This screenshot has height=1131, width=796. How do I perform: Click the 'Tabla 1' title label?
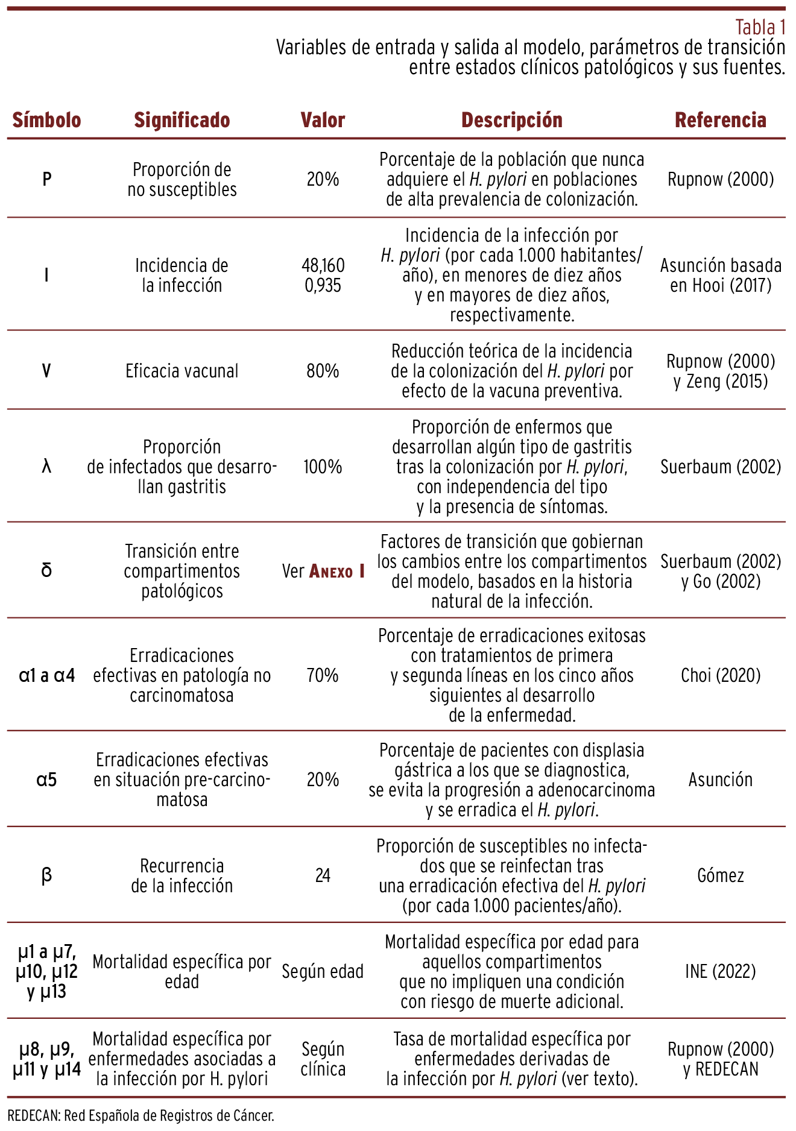[760, 28]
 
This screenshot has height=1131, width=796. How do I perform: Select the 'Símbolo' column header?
[46, 120]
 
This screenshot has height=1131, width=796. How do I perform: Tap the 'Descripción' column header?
[511, 120]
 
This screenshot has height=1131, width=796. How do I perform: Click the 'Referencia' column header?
[720, 120]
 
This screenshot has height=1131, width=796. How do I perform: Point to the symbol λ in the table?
[46, 467]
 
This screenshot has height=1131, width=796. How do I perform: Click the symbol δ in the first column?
[46, 570]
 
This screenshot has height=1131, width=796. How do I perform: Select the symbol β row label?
[46, 875]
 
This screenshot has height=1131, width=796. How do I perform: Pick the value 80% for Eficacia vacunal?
[323, 370]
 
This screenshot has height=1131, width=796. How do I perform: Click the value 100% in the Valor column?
[323, 467]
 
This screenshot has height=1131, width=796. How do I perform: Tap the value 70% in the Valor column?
[323, 675]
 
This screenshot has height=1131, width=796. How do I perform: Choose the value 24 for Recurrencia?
[323, 875]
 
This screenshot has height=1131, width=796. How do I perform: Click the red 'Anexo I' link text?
[336, 571]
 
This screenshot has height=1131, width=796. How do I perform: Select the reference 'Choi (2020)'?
[720, 675]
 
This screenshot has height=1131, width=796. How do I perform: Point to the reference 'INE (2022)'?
[720, 971]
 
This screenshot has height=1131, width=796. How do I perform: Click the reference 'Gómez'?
[720, 875]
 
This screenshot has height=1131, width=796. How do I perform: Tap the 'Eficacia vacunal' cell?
[182, 370]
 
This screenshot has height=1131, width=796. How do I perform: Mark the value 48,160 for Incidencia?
[323, 265]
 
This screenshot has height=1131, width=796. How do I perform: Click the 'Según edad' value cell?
[323, 971]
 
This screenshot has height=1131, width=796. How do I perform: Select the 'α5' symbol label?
[46, 780]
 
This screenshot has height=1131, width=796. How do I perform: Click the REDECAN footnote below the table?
[141, 1115]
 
